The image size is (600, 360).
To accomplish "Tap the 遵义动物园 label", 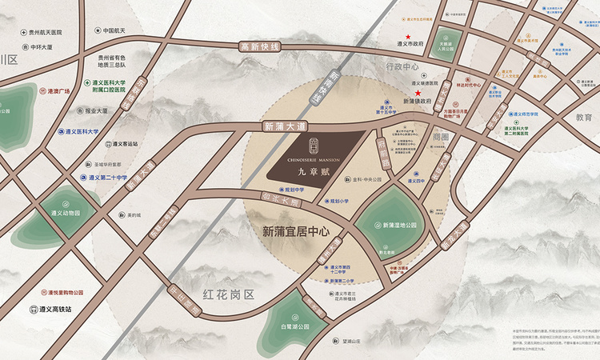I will (x=66, y=213).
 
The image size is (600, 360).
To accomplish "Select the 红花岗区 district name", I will (x=227, y=294).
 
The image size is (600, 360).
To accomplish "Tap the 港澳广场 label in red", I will (x=60, y=91).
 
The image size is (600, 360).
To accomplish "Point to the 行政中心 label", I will (x=402, y=67).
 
